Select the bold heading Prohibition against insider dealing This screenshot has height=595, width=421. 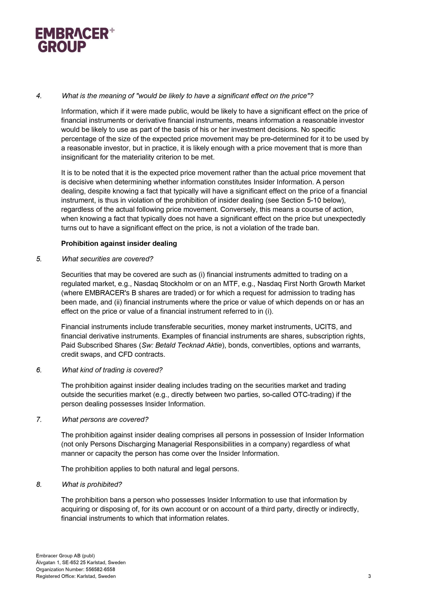tap(119, 243)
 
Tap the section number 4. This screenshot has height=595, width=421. tap(39, 96)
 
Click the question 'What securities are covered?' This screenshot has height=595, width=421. tap(107, 259)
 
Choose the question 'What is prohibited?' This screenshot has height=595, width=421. tap(92, 484)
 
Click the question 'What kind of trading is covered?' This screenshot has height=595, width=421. tap(112, 370)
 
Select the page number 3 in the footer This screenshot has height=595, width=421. tap(369, 576)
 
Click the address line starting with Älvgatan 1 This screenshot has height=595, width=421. tap(81, 562)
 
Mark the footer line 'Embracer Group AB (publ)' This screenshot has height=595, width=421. tap(65, 556)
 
